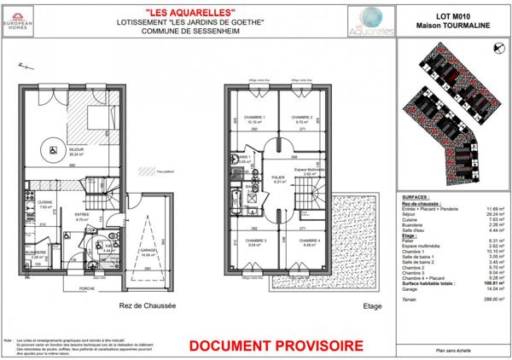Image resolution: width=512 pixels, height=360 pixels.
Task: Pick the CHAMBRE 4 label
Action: (x=305, y=241)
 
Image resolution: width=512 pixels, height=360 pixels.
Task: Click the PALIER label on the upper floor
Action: (x=277, y=177)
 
